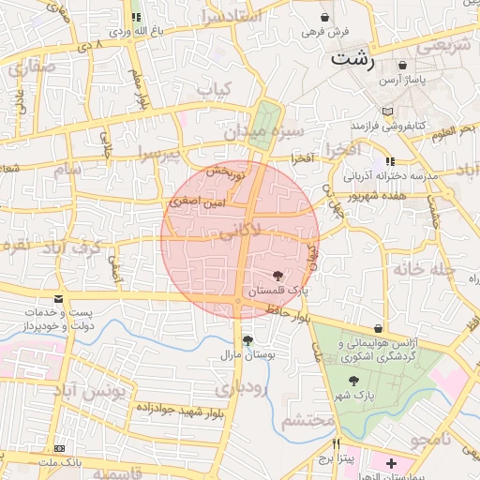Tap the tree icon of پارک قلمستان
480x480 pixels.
277,276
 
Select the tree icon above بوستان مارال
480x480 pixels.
247,341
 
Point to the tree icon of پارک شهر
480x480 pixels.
353,381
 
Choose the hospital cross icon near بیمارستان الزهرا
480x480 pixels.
391,463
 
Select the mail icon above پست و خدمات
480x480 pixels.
60,299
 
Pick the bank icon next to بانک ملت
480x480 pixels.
60,449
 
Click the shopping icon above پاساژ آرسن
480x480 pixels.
402,66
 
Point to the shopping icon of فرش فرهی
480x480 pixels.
324,17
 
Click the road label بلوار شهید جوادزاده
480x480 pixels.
178,409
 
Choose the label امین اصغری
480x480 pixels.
197,202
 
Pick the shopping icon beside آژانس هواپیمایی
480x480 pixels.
378,329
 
